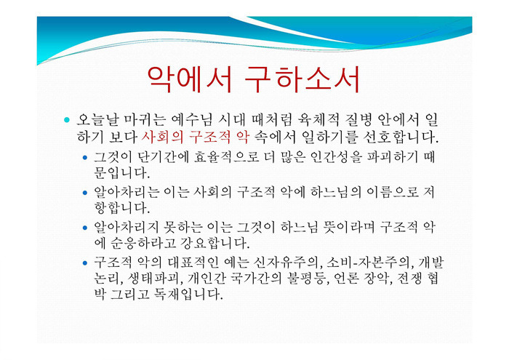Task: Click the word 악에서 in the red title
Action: pos(190,80)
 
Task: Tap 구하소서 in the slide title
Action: pos(302,80)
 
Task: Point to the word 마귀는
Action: pos(145,119)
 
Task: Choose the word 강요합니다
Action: pos(215,242)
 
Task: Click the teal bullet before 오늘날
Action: pos(67,120)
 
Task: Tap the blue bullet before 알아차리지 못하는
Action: pos(85,228)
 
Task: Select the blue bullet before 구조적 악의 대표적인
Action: pos(85,263)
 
